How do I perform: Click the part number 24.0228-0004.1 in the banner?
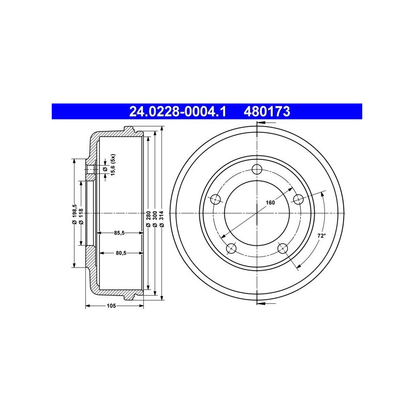(x=178, y=111)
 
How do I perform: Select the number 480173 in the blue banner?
(x=267, y=111)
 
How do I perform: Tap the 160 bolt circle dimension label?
(x=270, y=202)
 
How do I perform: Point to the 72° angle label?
(x=321, y=236)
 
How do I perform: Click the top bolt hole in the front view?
(x=257, y=169)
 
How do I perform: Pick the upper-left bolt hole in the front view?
(x=216, y=199)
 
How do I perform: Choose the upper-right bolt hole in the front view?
(x=299, y=199)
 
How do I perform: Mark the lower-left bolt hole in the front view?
(x=231, y=248)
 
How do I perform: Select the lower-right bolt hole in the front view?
(x=283, y=248)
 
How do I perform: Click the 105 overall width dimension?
(x=111, y=306)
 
